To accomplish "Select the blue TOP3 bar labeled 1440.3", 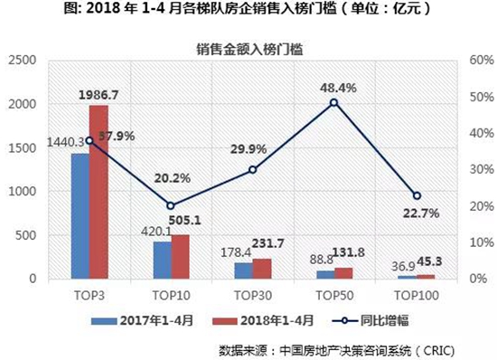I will coord(80,215).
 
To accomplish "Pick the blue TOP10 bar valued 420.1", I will coord(162,260).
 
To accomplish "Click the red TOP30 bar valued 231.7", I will coord(261,268).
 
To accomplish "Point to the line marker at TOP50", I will coord(333,102).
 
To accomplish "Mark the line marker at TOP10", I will coord(170,205).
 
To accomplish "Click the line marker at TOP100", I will coord(416,195).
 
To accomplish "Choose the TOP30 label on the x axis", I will coord(252,294).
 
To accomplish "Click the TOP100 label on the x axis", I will coord(416,294).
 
